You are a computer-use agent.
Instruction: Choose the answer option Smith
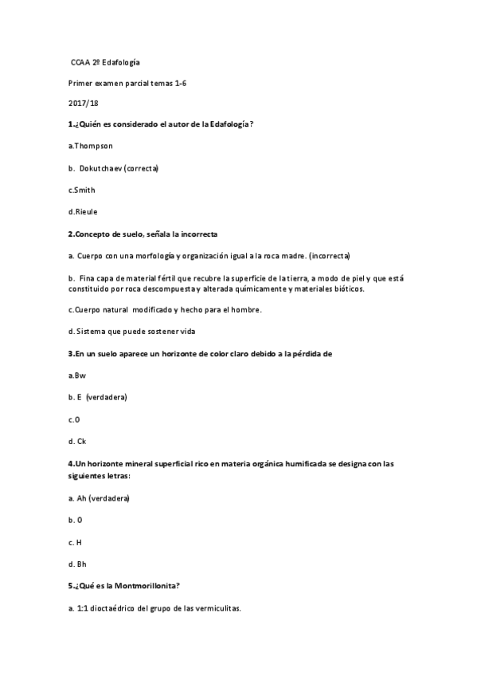pyautogui.click(x=84, y=190)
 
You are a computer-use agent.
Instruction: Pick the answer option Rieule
pyautogui.click(x=85, y=211)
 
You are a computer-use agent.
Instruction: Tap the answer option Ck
pyautogui.click(x=80, y=440)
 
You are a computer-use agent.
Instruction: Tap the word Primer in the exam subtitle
pyautogui.click(x=81, y=82)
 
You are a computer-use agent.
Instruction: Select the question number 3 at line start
pyautogui.click(x=71, y=353)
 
